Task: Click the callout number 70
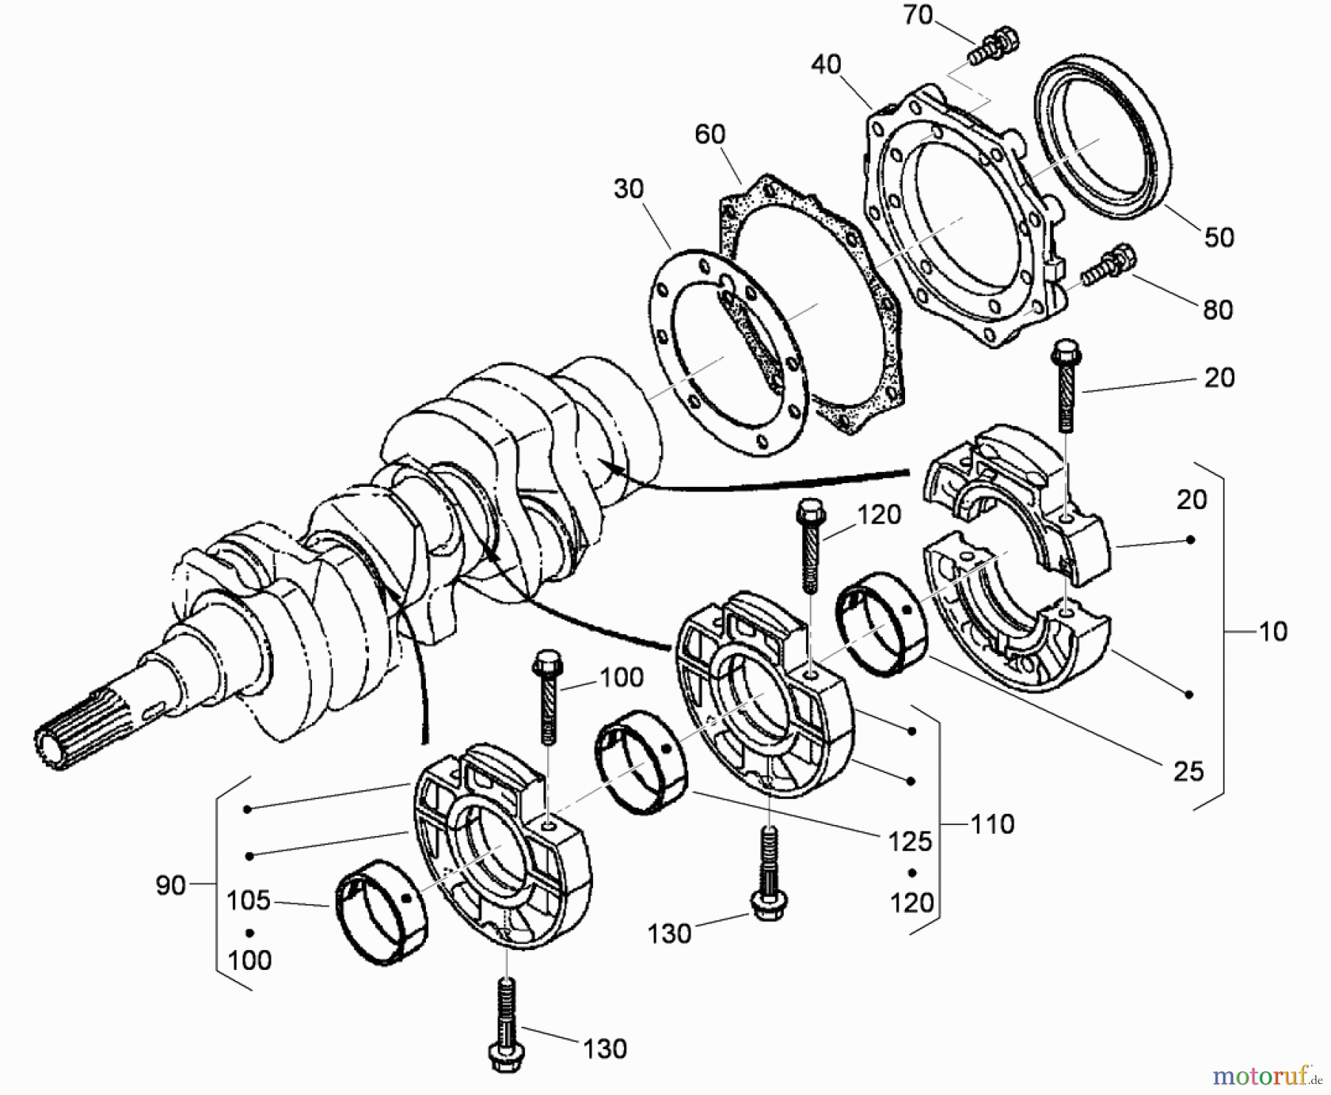[918, 15]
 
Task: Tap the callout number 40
[826, 64]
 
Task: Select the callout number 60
[710, 135]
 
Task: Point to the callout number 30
[629, 189]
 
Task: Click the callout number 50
[1219, 237]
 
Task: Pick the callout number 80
[1217, 309]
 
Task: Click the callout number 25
[1188, 772]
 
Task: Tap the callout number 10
[1273, 631]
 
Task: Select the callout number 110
[992, 823]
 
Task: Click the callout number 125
[910, 841]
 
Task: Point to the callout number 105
[248, 900]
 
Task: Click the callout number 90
[170, 885]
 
